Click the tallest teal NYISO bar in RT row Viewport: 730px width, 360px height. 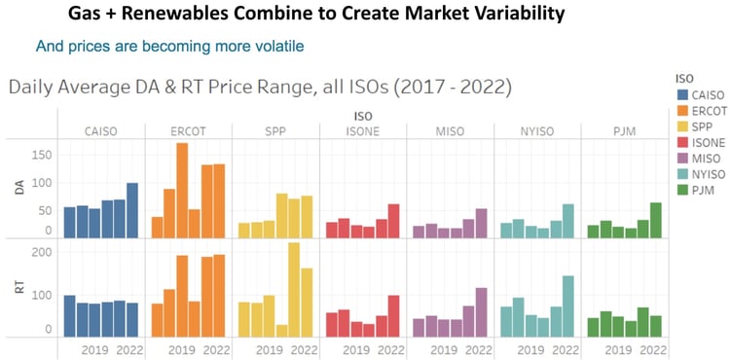[x=567, y=306]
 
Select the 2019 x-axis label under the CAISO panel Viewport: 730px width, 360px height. [x=93, y=349]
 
